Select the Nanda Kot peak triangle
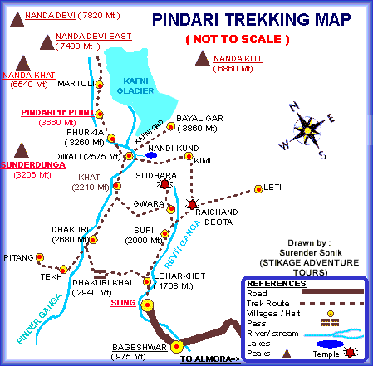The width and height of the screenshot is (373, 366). coord(201,57)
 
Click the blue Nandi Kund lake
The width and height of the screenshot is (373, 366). coord(151,154)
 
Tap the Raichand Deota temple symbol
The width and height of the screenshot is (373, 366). coord(193,203)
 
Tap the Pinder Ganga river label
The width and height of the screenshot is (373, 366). coord(32,323)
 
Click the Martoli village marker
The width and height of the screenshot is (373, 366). coord(98,84)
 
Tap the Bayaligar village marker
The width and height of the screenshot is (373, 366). coord(169,127)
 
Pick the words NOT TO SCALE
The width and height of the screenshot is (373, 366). coord(237,40)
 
